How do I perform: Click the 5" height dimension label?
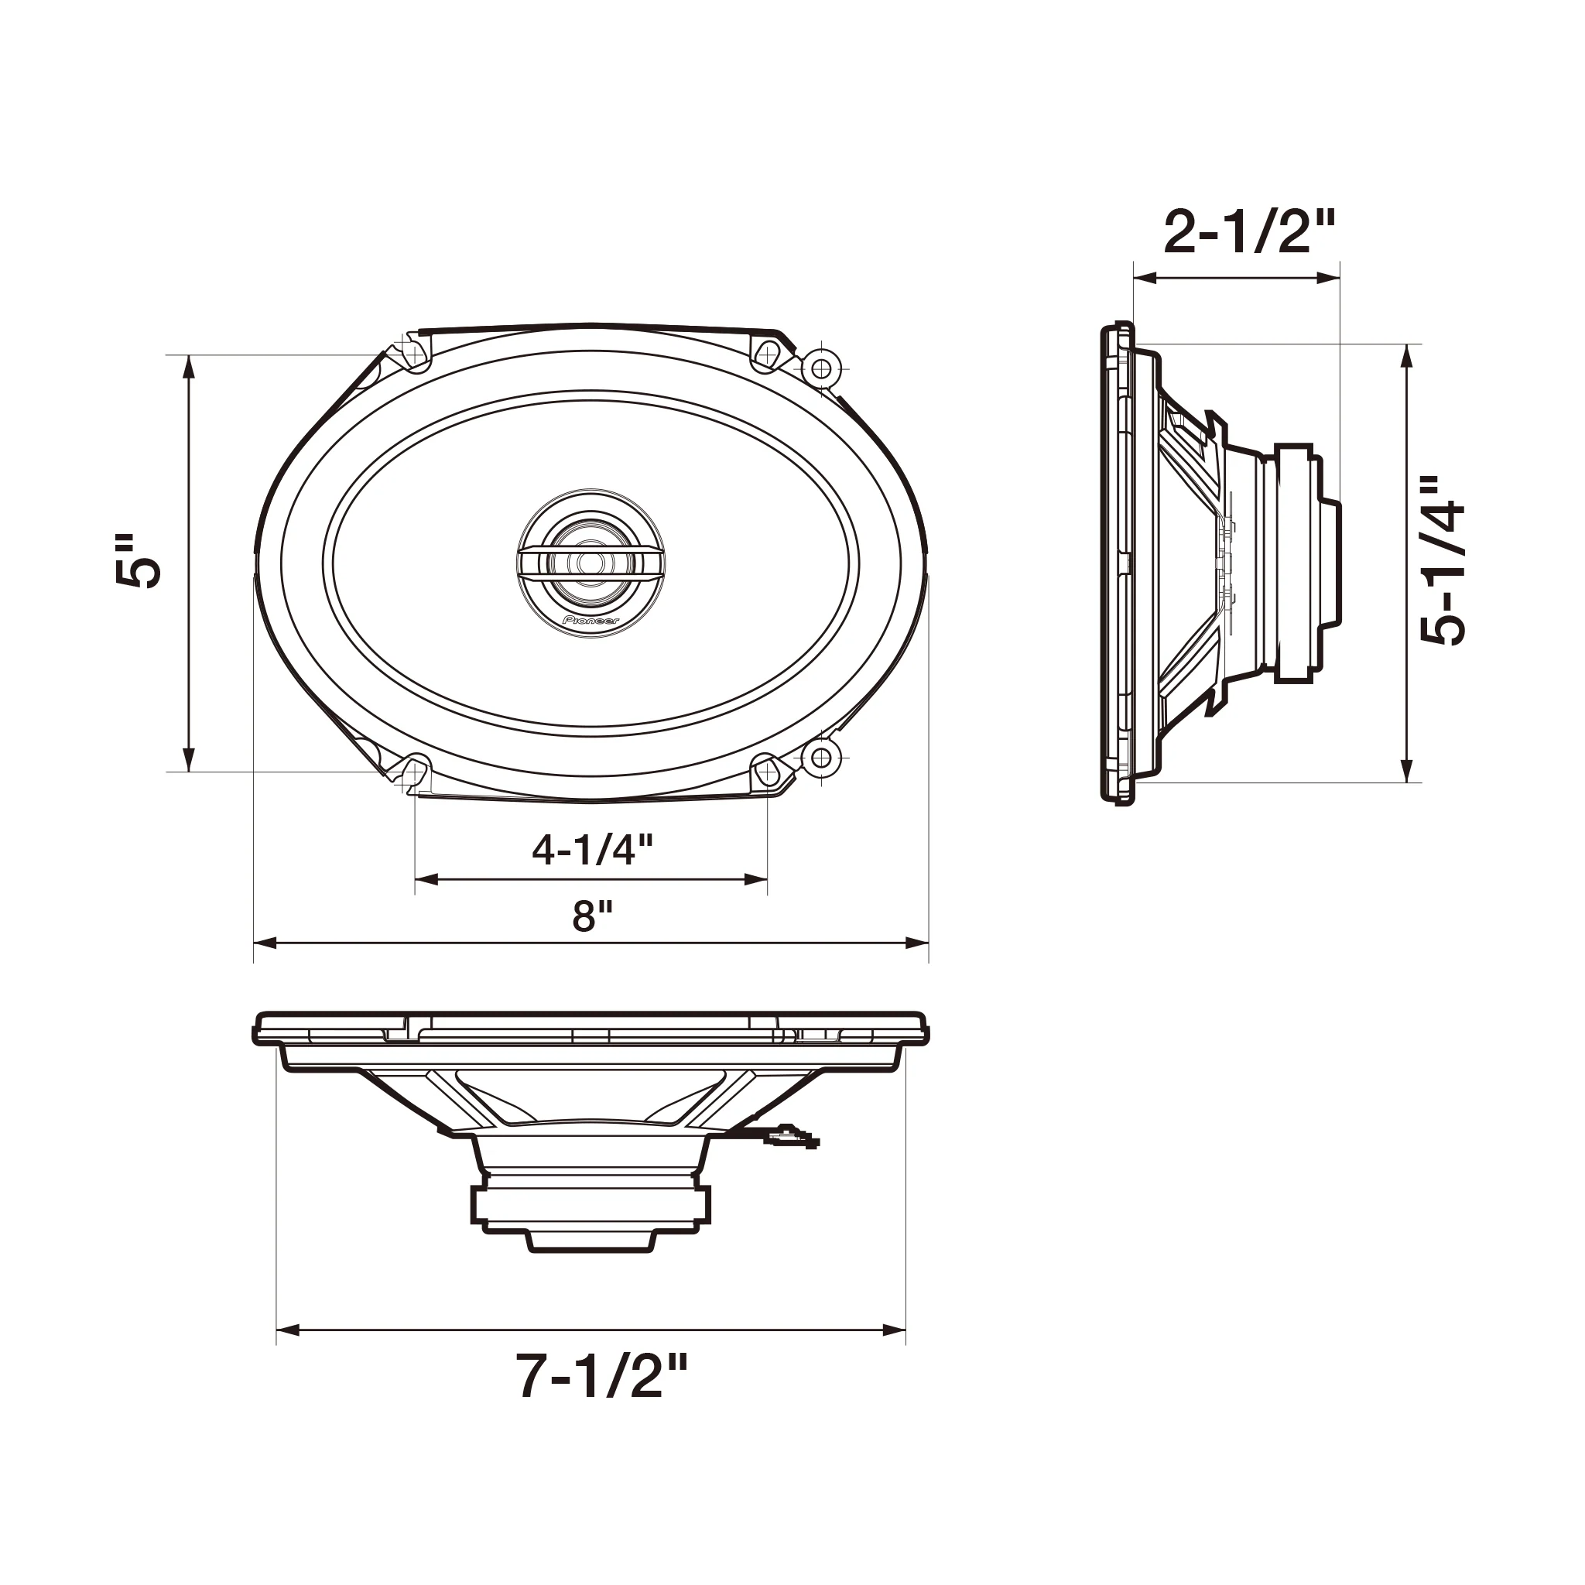138,563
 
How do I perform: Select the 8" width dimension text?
592,916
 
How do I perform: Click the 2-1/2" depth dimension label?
1249,233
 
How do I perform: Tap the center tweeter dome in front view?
591,563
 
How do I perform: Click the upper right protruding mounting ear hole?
820,367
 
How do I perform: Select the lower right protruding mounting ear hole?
820,758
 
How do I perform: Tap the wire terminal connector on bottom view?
791,1137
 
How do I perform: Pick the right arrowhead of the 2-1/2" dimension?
1330,278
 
